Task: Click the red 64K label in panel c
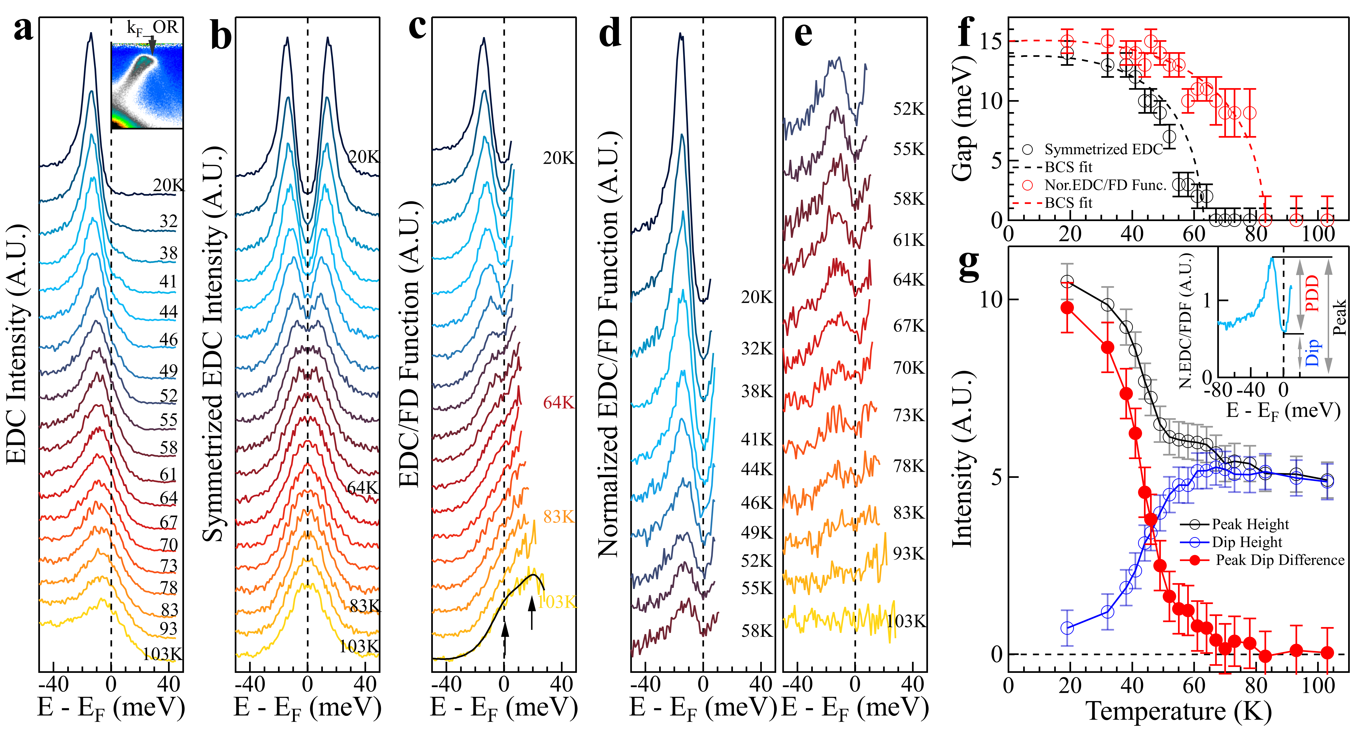point(558,403)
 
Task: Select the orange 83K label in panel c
point(558,517)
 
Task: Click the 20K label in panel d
point(757,297)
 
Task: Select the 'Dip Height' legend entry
point(1246,542)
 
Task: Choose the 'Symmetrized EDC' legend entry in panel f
point(1103,149)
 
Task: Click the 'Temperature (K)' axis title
point(1178,711)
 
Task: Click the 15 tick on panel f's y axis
point(990,41)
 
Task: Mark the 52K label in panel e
point(908,109)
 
